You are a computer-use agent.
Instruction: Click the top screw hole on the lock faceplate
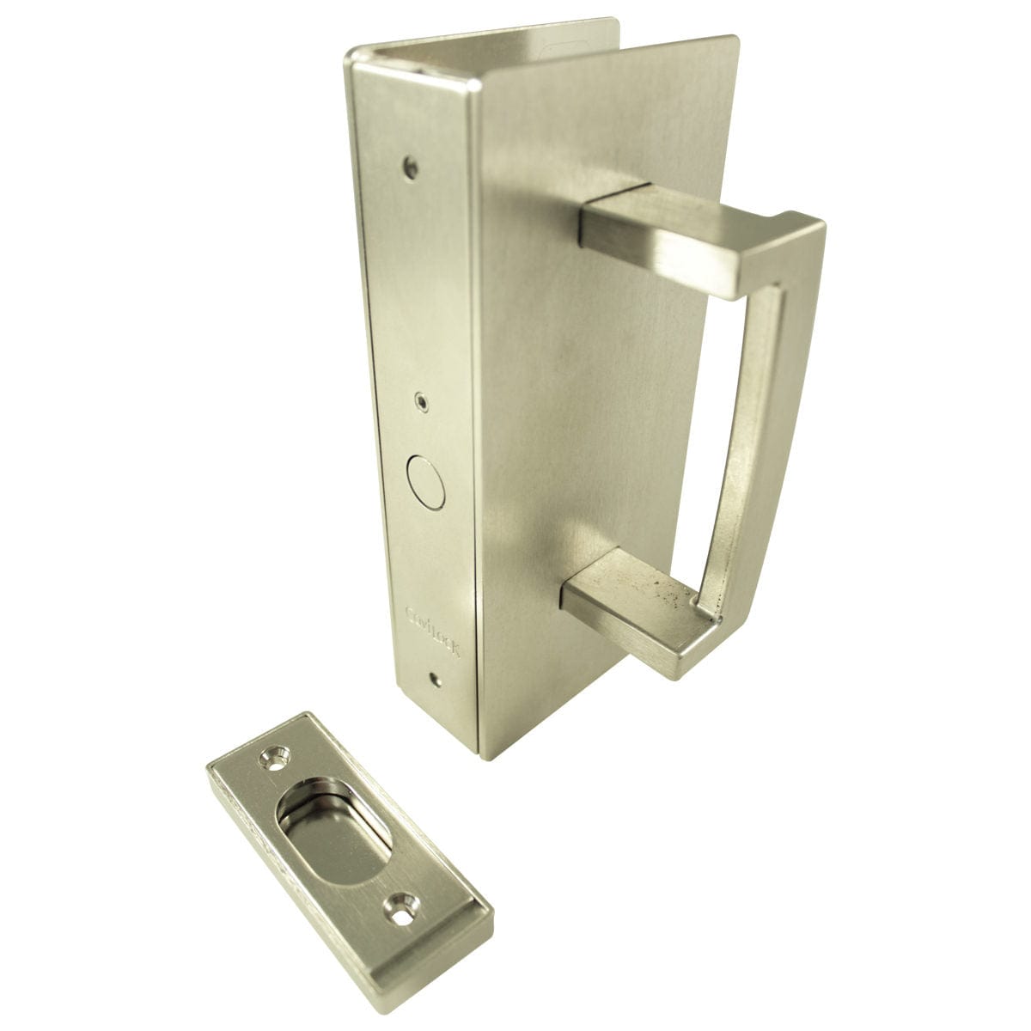tap(412, 166)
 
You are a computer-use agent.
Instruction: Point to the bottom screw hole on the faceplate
tap(438, 681)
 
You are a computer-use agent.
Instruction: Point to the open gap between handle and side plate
tap(653, 412)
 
